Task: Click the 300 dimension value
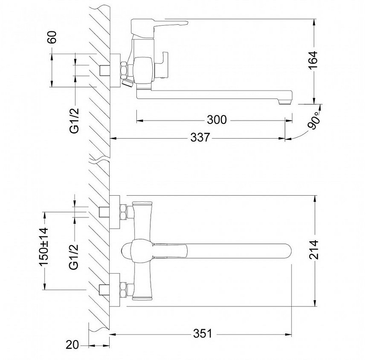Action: [217, 120]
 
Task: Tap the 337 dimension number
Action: [200, 138]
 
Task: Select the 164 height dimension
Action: [313, 60]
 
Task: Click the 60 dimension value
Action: [52, 37]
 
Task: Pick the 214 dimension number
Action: [314, 250]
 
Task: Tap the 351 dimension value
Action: [203, 334]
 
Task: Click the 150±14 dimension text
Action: [44, 247]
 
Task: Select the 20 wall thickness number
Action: [73, 345]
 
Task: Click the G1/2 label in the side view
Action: [75, 121]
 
